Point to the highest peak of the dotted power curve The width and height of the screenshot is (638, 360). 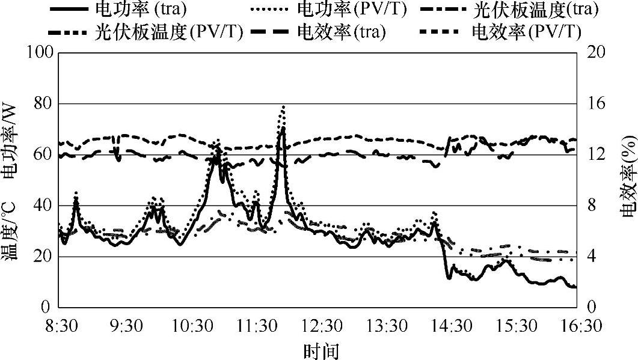(x=283, y=106)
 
